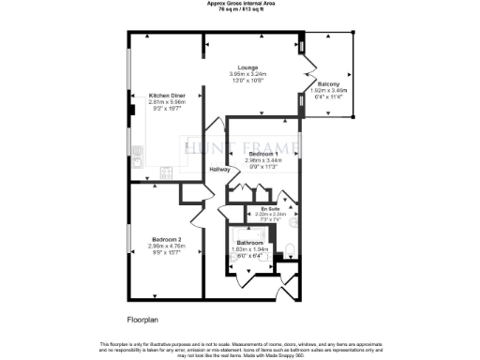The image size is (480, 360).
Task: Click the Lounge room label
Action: pyautogui.click(x=247, y=67)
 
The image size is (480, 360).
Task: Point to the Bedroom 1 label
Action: pyautogui.click(x=263, y=153)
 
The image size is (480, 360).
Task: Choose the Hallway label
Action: pyautogui.click(x=219, y=169)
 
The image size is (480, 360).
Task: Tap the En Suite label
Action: pyautogui.click(x=270, y=207)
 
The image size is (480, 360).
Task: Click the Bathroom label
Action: pyautogui.click(x=249, y=242)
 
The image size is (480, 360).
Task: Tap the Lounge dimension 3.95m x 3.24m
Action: pyautogui.click(x=247, y=74)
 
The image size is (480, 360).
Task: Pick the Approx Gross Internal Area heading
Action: pyautogui.click(x=240, y=4)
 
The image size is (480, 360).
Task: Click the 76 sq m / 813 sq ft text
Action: pyautogui.click(x=240, y=9)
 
